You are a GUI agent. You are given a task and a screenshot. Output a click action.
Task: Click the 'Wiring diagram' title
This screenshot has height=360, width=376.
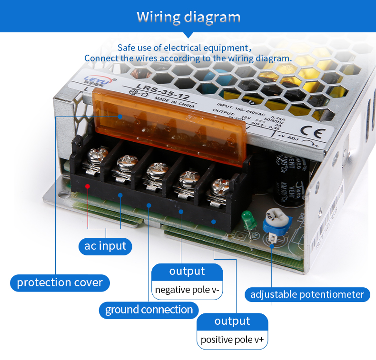(188, 17)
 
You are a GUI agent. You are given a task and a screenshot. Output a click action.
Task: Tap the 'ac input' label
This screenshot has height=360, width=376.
(105, 246)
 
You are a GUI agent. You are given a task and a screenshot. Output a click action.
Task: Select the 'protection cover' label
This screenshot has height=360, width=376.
(59, 282)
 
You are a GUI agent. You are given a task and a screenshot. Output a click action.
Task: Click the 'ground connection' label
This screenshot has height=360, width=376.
(148, 310)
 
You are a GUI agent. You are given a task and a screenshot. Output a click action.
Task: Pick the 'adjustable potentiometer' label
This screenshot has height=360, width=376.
(307, 294)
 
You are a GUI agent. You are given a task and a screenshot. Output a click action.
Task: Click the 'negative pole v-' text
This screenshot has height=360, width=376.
(187, 290)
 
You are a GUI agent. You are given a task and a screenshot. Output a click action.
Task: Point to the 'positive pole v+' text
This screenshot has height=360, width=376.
(232, 340)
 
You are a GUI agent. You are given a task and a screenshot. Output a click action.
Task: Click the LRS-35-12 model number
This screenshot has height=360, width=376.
(156, 91)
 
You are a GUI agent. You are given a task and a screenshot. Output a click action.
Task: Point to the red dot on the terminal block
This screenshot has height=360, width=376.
(88, 186)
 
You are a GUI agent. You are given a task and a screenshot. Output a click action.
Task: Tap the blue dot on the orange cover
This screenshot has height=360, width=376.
(120, 117)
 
